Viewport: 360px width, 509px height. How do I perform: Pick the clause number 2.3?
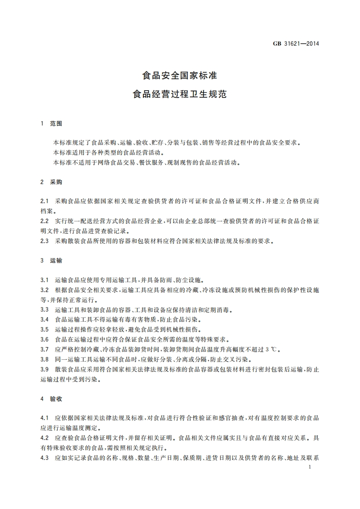(44, 241)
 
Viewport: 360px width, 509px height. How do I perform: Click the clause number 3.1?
(44, 280)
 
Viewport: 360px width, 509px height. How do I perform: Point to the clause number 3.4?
(44, 320)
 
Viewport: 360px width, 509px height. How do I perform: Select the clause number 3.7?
(44, 349)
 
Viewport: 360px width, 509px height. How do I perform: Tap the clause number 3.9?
(44, 369)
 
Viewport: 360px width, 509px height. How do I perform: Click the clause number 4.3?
(44, 458)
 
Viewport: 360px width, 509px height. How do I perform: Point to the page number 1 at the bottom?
(309, 467)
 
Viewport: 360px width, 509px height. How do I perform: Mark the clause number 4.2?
(44, 438)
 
